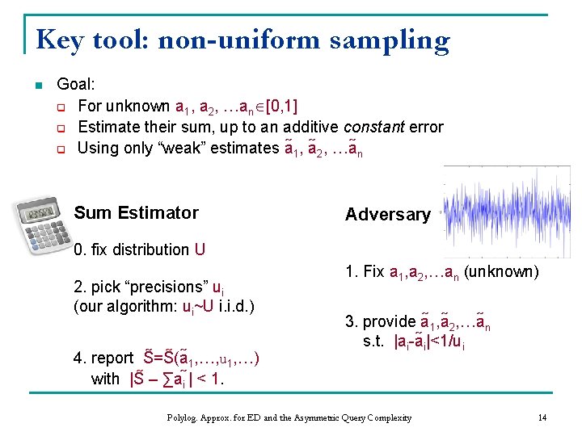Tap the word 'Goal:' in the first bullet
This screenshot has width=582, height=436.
tap(76, 84)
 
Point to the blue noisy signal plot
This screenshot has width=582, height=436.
tap(506, 212)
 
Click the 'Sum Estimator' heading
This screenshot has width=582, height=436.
tap(136, 213)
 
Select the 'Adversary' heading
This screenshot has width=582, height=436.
tap(387, 215)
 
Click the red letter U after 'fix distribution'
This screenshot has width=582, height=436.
tap(200, 249)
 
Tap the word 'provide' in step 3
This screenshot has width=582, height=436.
tap(389, 322)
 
